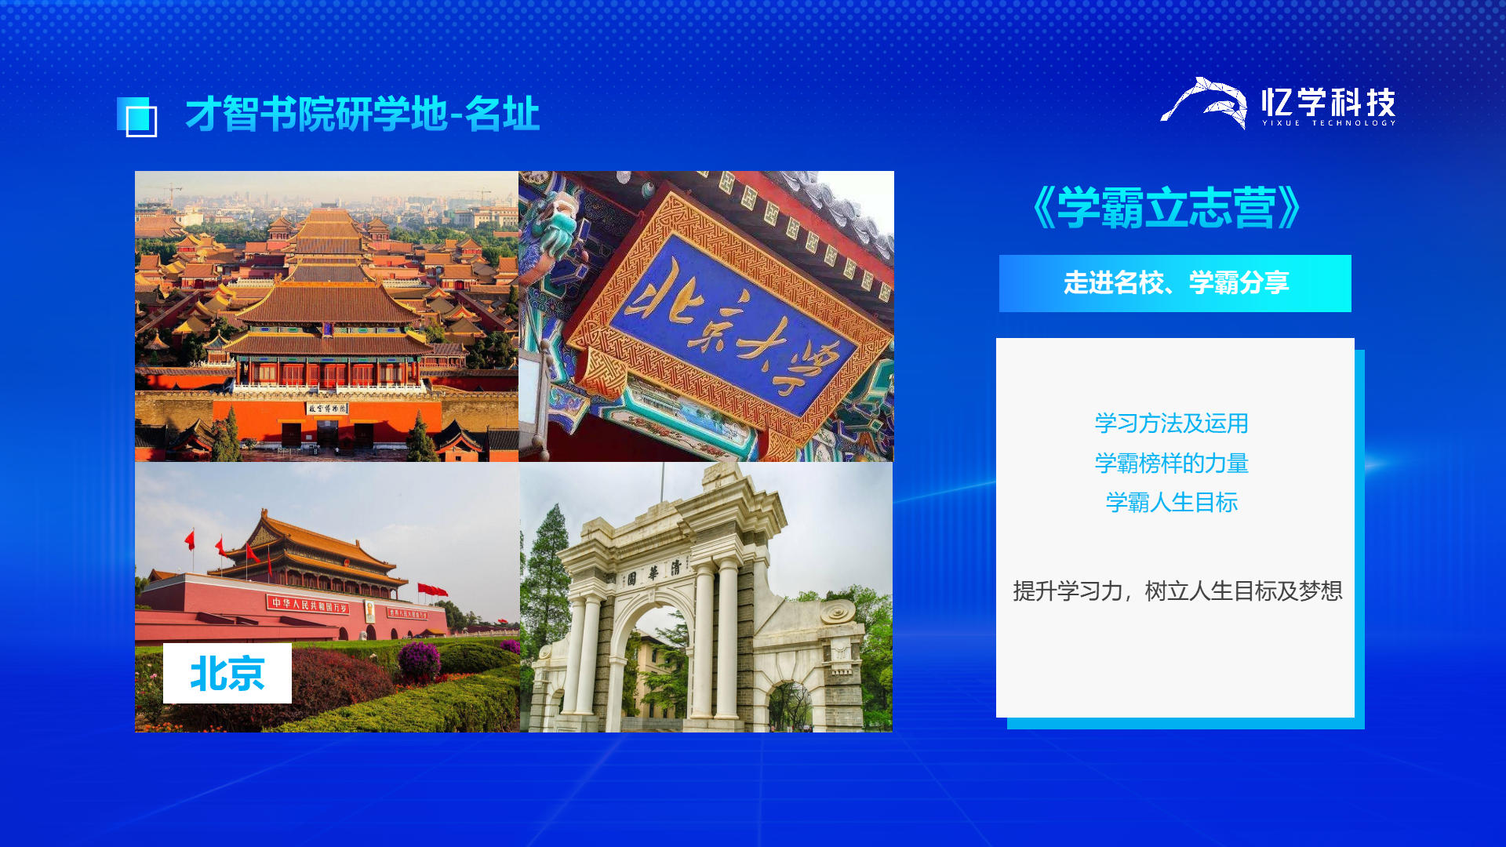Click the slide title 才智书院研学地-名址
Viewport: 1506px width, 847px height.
pyautogui.click(x=362, y=115)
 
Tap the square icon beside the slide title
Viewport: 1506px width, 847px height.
pyautogui.click(x=137, y=117)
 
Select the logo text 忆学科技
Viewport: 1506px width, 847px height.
pyautogui.click(x=1329, y=102)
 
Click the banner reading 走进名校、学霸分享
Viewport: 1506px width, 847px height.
pyautogui.click(x=1175, y=283)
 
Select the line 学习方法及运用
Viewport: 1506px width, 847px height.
pyautogui.click(x=1171, y=423)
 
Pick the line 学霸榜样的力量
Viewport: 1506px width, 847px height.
pyautogui.click(x=1171, y=463)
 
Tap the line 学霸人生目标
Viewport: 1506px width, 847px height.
pyautogui.click(x=1171, y=503)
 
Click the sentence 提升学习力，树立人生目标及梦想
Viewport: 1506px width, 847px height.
pyautogui.click(x=1177, y=591)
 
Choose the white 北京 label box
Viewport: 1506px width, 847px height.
pyautogui.click(x=227, y=673)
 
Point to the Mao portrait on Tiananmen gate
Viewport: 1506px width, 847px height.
pyautogui.click(x=370, y=609)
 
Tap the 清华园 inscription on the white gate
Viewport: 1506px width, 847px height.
pyautogui.click(x=653, y=573)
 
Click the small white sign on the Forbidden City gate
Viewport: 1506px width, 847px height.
pyautogui.click(x=327, y=409)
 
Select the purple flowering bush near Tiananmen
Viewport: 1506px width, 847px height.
pyautogui.click(x=420, y=660)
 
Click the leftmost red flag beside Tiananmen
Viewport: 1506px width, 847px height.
pyautogui.click(x=190, y=540)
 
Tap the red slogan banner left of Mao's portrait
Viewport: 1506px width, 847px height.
pyautogui.click(x=308, y=605)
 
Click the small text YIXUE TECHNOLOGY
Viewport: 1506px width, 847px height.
pyautogui.click(x=1329, y=123)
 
